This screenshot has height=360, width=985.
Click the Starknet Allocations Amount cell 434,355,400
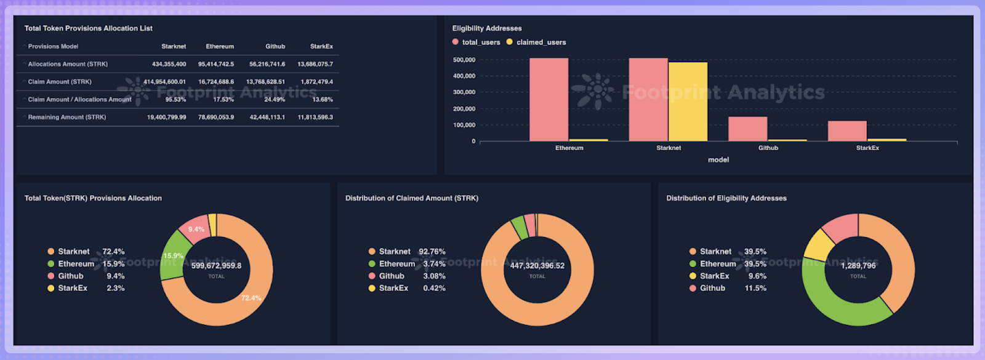tap(169, 64)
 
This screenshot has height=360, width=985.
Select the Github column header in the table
tap(275, 46)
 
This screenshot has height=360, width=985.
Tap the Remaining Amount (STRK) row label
tap(66, 117)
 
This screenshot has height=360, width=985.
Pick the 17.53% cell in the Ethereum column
tap(223, 100)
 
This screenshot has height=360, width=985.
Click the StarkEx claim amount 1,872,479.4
tap(316, 82)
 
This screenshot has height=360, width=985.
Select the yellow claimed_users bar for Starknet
tap(688, 102)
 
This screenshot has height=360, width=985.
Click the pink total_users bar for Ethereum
tap(549, 100)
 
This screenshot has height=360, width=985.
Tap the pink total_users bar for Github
tap(747, 129)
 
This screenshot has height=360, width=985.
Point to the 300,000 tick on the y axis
tap(464, 92)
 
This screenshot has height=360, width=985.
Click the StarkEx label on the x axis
tap(867, 148)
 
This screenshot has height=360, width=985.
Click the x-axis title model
tap(718, 160)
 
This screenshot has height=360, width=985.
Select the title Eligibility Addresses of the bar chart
tap(486, 28)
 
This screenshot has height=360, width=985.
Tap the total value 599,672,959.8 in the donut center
tap(216, 266)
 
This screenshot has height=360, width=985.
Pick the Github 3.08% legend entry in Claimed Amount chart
tap(406, 276)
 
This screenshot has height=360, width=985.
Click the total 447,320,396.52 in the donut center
tap(537, 266)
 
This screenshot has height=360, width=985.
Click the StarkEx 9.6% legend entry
tap(726, 276)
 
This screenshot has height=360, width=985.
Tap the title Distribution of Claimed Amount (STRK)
tap(411, 198)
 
